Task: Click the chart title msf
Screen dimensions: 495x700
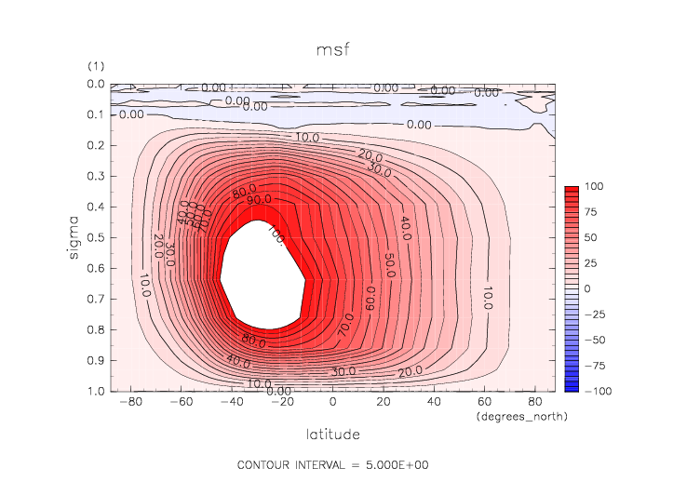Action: (x=333, y=49)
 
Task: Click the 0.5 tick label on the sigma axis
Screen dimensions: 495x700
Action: (x=94, y=237)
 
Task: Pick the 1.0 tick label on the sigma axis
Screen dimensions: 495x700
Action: (x=94, y=391)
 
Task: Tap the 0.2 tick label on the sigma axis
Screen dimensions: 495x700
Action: (x=94, y=145)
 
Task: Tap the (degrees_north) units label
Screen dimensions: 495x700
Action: (x=521, y=417)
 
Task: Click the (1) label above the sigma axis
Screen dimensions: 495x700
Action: (x=95, y=67)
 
